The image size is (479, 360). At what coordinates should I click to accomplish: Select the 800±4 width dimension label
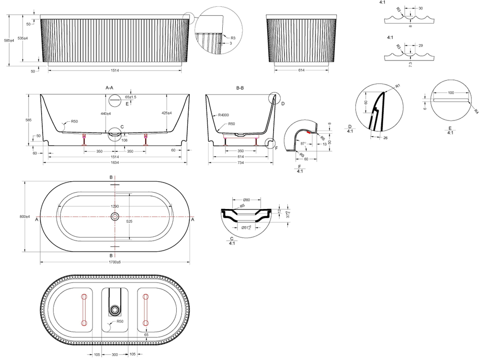click(x=24, y=217)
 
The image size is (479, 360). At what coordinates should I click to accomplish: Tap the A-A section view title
click(x=109, y=88)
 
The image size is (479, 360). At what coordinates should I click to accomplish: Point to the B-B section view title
click(x=240, y=88)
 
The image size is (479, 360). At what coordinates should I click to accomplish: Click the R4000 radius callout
click(x=223, y=115)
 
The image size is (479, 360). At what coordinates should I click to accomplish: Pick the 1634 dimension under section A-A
click(x=114, y=163)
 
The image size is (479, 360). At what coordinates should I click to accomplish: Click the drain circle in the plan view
click(x=115, y=217)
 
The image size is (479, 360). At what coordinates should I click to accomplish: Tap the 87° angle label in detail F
click(x=304, y=143)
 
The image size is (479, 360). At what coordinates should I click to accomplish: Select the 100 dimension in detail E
click(x=450, y=92)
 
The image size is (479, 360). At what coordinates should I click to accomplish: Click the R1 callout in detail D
click(x=397, y=85)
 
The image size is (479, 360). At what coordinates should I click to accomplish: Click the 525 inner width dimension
click(x=129, y=222)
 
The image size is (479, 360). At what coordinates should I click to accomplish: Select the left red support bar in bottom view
click(x=84, y=310)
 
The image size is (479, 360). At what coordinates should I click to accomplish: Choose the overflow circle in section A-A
click(x=115, y=100)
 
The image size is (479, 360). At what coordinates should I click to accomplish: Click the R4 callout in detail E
click(x=476, y=111)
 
